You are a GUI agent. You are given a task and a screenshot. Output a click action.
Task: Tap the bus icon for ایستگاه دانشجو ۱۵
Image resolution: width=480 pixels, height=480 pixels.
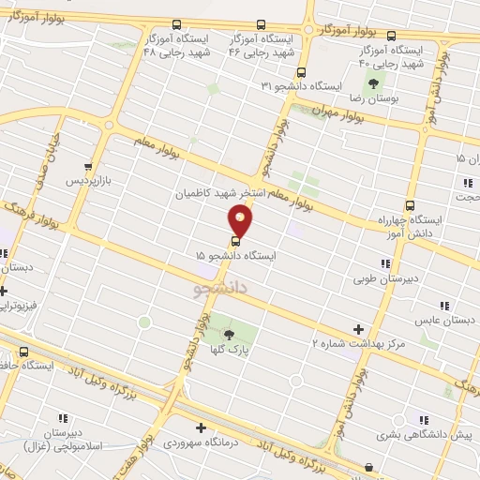pyautogui.click(x=234, y=237)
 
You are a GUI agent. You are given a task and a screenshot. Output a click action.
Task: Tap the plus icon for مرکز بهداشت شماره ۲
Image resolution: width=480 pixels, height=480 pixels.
pyautogui.click(x=357, y=329)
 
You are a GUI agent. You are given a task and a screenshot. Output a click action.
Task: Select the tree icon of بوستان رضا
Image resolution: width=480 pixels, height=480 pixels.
pyautogui.click(x=375, y=83)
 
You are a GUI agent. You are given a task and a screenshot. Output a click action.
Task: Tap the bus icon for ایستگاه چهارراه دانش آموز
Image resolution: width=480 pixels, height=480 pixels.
pyautogui.click(x=409, y=206)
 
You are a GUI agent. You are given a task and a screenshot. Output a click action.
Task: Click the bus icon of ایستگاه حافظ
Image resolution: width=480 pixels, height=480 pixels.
pyautogui.click(x=23, y=353)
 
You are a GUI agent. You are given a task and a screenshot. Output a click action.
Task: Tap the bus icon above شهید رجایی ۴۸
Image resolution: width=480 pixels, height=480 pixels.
pyautogui.click(x=166, y=25)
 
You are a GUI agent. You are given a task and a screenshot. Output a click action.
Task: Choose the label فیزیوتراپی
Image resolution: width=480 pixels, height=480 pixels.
pyautogui.click(x=18, y=305)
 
